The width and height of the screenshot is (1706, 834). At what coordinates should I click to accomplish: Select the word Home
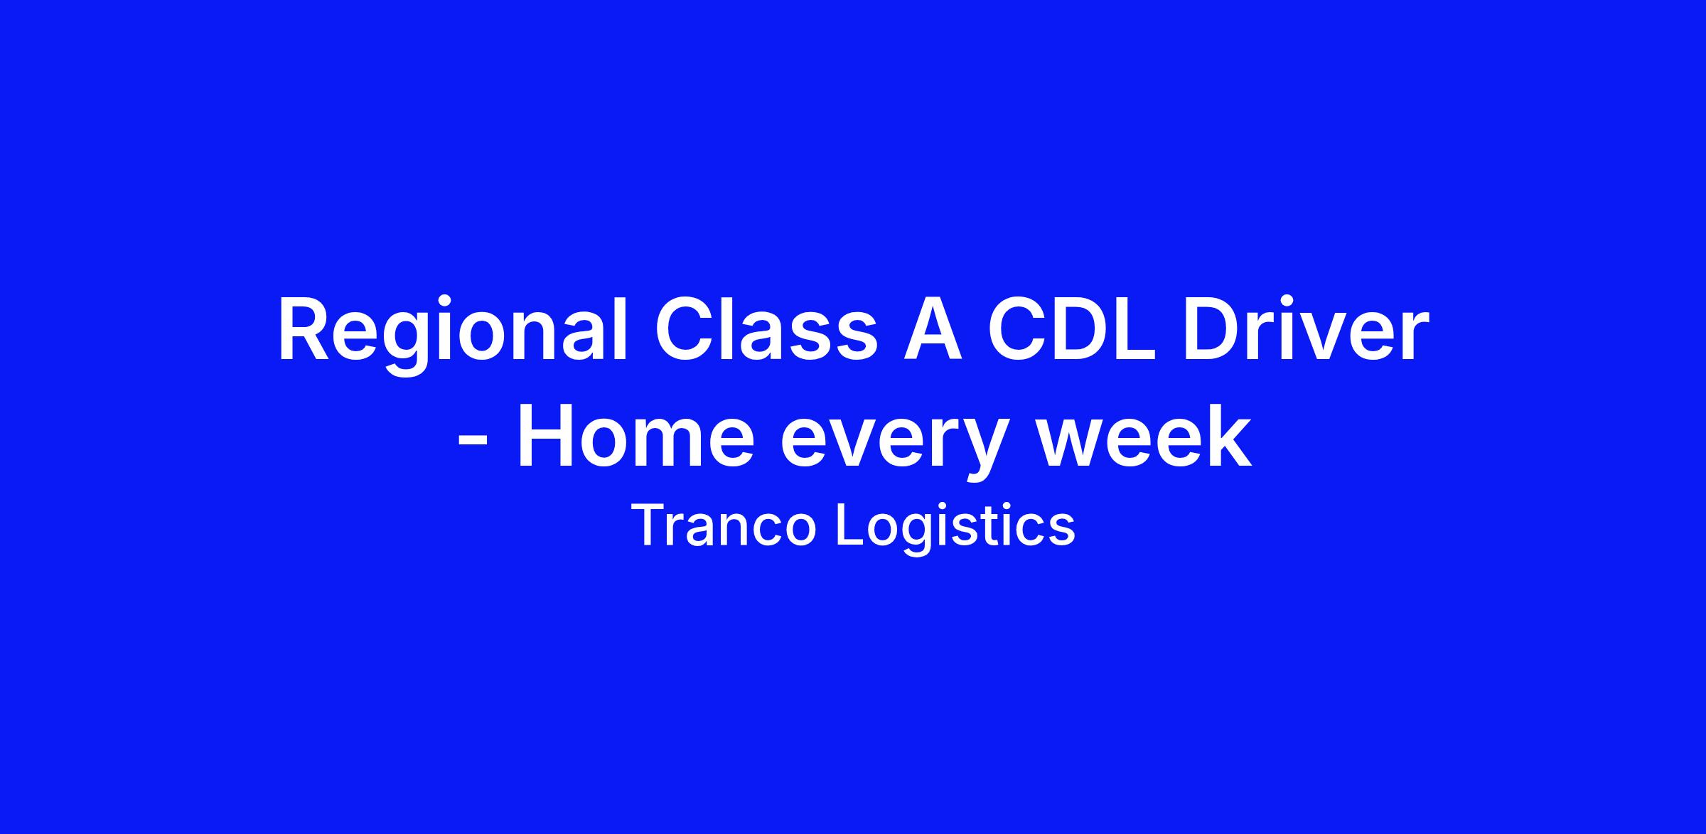click(x=635, y=437)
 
